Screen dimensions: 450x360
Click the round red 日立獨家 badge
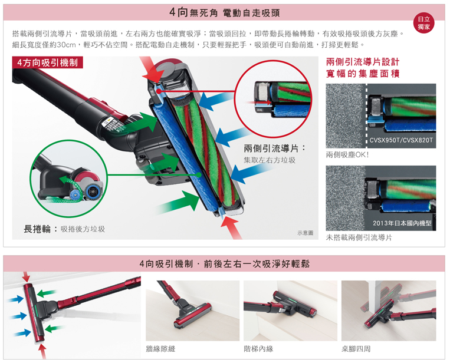[x=423, y=23]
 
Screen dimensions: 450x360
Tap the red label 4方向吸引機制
[x=47, y=62]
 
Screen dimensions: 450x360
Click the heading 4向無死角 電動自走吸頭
[x=225, y=12]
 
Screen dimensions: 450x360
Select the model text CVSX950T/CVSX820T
[x=401, y=140]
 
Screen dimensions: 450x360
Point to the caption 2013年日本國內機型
[x=402, y=223]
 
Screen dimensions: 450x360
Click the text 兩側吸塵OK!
[x=347, y=155]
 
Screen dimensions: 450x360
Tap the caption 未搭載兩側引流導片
[x=359, y=237]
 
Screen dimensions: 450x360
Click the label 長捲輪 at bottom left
[x=37, y=229]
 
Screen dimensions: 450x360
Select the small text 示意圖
[x=306, y=233]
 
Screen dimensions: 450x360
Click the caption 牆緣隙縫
[x=160, y=349]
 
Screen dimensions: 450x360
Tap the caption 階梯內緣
[x=258, y=349]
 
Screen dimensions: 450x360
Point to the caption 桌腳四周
[x=356, y=349]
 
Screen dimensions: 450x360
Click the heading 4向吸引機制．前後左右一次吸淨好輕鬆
[x=225, y=264]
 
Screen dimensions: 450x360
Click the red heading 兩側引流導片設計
[x=363, y=62]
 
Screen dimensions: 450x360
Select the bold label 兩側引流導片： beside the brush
[x=274, y=148]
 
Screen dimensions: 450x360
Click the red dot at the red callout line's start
[x=159, y=91]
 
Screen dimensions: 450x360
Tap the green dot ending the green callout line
[x=199, y=174]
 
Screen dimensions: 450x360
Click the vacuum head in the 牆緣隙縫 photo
[x=193, y=315]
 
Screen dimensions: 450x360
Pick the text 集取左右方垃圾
[x=270, y=160]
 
